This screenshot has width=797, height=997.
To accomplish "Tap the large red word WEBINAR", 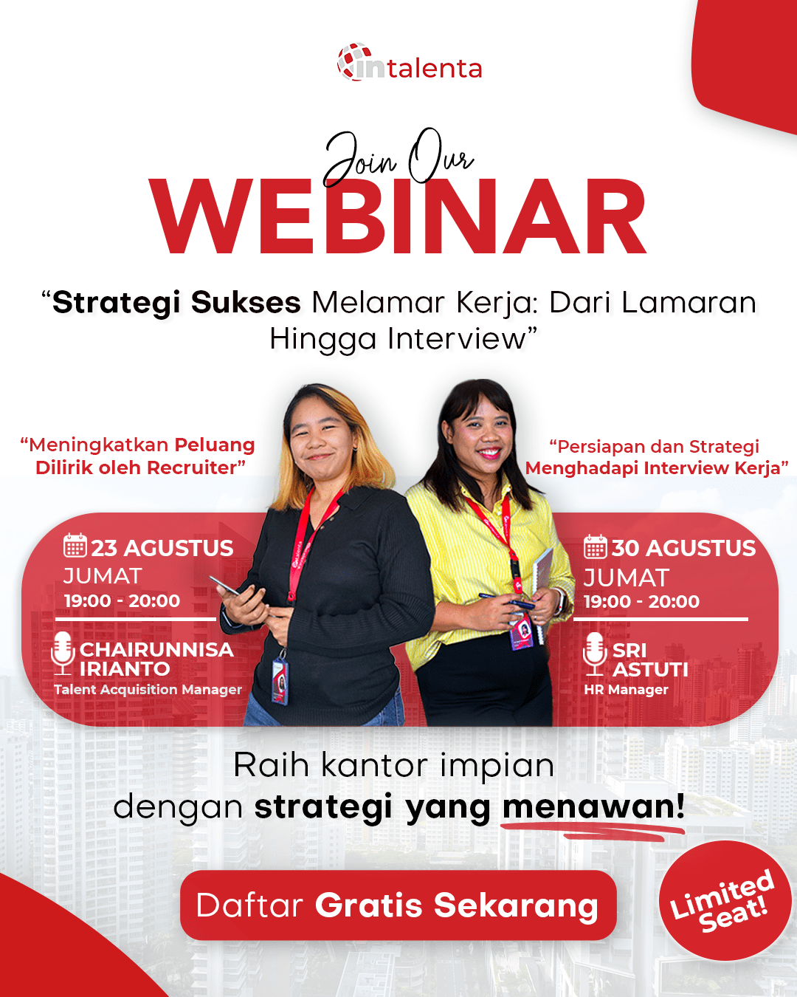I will pyautogui.click(x=398, y=218).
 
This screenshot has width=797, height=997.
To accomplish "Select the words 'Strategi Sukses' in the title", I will pyautogui.click(x=177, y=303).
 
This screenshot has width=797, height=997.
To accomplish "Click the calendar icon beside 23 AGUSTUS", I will pyautogui.click(x=75, y=546).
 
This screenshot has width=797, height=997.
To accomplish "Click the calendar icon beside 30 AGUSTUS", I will pyautogui.click(x=595, y=547).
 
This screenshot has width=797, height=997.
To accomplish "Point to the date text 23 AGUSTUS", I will pyautogui.click(x=162, y=548).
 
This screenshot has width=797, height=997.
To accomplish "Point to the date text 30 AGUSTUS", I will pyautogui.click(x=683, y=548).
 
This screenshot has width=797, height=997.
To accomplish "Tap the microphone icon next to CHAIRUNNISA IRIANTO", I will pyautogui.click(x=63, y=653).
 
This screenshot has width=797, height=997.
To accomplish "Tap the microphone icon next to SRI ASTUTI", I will pyautogui.click(x=594, y=654).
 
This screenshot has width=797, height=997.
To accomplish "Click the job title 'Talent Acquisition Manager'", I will pyautogui.click(x=148, y=690).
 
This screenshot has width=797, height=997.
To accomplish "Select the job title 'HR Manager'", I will pyautogui.click(x=626, y=690).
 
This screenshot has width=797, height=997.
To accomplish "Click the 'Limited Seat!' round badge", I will pyautogui.click(x=725, y=901).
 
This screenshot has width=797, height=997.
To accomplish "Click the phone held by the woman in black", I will pyautogui.click(x=226, y=586).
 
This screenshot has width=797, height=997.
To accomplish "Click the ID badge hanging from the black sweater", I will pyautogui.click(x=280, y=678).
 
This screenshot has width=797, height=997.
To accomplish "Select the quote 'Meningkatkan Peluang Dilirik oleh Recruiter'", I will pyautogui.click(x=139, y=456).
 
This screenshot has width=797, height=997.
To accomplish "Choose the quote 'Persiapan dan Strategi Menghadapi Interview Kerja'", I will pyautogui.click(x=657, y=457).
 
